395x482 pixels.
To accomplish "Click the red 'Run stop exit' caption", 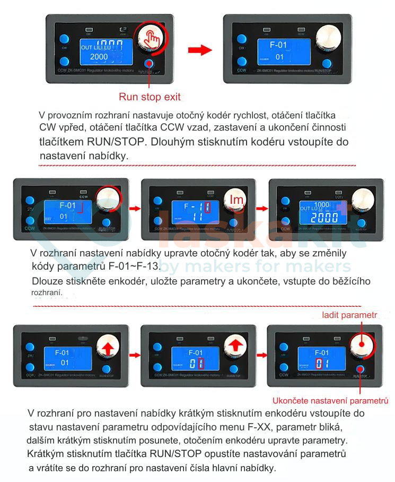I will (x=150, y=97).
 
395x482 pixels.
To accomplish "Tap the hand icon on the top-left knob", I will (x=152, y=36).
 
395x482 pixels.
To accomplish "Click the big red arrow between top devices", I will (x=200, y=50).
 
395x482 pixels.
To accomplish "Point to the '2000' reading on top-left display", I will (x=99, y=57).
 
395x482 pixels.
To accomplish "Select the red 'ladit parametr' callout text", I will (x=349, y=315).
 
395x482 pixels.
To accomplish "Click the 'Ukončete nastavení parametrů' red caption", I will (x=330, y=400).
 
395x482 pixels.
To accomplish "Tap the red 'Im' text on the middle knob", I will (x=236, y=199).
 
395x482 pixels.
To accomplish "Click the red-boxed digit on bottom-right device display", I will (x=319, y=364).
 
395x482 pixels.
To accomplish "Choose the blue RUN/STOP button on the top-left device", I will (x=149, y=62).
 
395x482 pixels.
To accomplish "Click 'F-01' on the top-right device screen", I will (x=278, y=45).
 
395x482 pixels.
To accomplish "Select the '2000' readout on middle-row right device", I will (x=324, y=218).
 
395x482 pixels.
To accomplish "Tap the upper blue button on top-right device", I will (x=242, y=39).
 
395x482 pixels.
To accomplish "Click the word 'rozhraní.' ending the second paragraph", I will (x=47, y=292).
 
